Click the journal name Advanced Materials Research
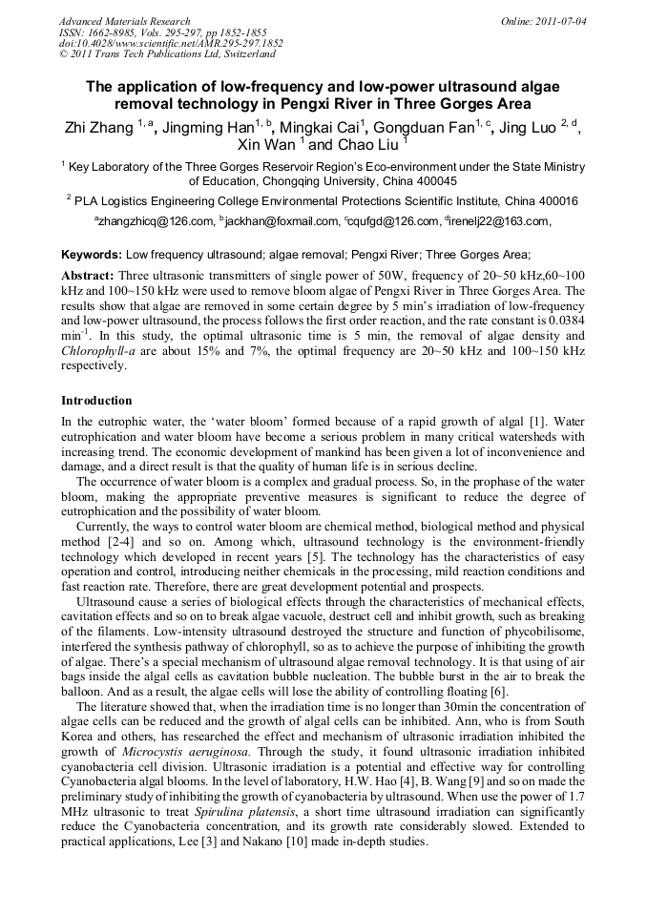point(124,21)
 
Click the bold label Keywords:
point(92,256)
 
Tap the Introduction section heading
point(96,401)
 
